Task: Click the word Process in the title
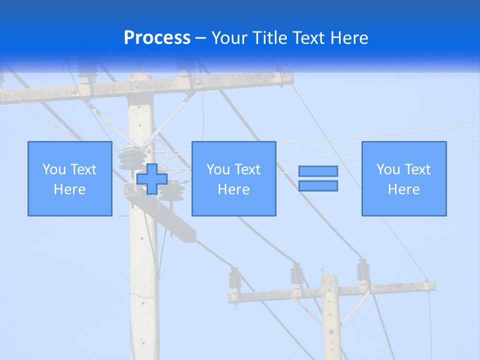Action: point(157,38)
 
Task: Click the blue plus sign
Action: point(152,179)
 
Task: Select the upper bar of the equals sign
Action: point(318,171)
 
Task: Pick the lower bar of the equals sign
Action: point(318,186)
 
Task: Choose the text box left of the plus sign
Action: point(70,179)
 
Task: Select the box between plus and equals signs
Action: point(234,179)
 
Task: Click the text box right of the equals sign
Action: point(404,179)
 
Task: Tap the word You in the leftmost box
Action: point(53,169)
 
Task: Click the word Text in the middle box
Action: point(247,169)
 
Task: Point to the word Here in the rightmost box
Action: point(404,189)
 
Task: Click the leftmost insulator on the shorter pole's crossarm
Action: point(234,280)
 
